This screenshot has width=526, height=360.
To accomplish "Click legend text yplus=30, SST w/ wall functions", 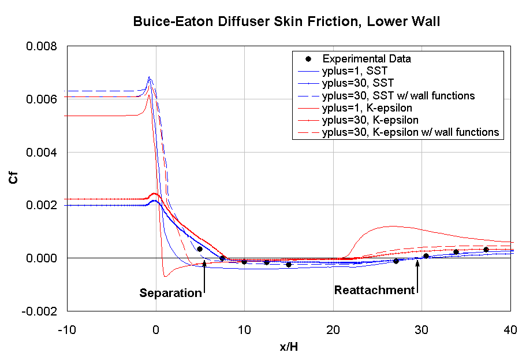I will coord(398,95).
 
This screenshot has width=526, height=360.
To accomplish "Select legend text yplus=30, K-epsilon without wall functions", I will coord(370,120).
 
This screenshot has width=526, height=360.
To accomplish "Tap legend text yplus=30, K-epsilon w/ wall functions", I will coord(411,132).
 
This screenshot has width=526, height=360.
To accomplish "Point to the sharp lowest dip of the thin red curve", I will coord(166,277).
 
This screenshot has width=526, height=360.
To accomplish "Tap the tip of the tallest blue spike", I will coord(150,76).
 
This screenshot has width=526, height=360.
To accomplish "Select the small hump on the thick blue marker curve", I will coord(155,201).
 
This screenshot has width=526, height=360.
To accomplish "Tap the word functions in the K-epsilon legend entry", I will coord(476,132).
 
